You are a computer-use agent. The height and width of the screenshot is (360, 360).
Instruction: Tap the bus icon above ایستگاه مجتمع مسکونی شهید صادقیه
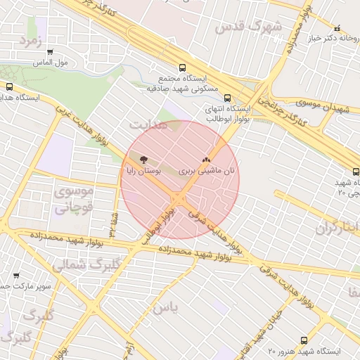click(183, 68)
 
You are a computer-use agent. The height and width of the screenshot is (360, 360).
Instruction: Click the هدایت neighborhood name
click(148, 124)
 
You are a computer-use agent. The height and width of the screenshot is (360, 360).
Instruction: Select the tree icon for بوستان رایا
click(144, 160)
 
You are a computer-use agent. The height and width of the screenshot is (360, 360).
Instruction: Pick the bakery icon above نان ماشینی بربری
click(206, 160)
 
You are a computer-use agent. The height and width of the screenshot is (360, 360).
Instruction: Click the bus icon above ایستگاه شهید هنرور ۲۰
click(304, 340)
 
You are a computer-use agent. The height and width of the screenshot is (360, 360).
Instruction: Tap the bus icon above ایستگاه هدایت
click(9, 86)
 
